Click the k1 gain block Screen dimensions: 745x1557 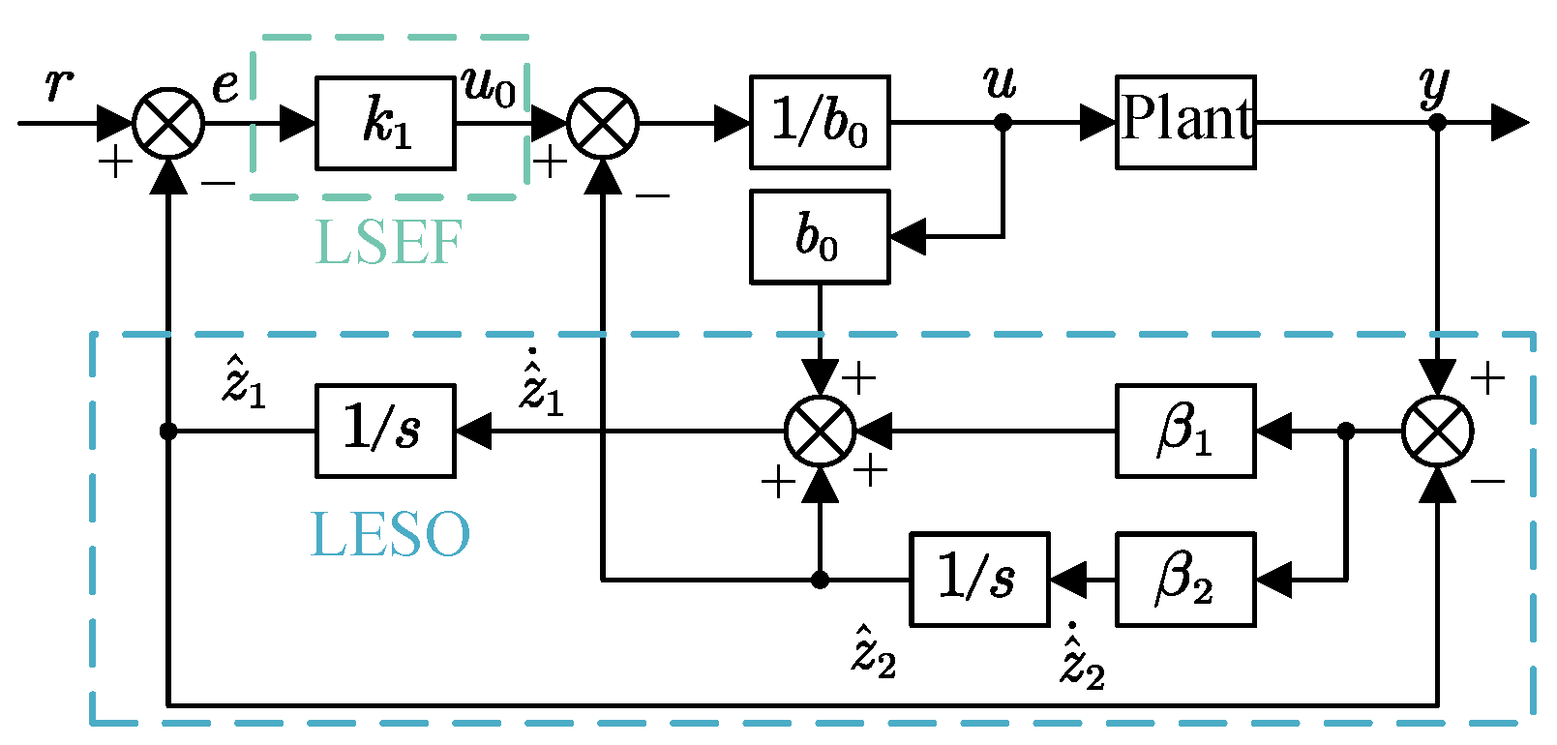point(385,123)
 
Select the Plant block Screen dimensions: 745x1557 point(1185,122)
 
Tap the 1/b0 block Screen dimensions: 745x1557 point(820,122)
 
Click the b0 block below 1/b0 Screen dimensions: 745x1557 point(820,237)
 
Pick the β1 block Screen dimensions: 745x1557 point(1185,431)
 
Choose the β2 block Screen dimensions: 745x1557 point(1185,579)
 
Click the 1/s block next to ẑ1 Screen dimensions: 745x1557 point(385,431)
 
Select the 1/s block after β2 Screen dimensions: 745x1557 point(979,579)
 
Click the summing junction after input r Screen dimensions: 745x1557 point(168,123)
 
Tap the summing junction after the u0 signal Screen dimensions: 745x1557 point(603,123)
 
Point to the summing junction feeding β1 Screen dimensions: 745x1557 point(1437,431)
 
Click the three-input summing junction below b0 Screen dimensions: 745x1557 point(820,431)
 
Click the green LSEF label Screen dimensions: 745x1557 point(389,243)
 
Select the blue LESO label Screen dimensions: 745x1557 point(390,535)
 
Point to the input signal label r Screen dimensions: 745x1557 point(59,85)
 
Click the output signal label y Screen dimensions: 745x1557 point(1434,87)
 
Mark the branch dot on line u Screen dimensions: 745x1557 point(1003,123)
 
